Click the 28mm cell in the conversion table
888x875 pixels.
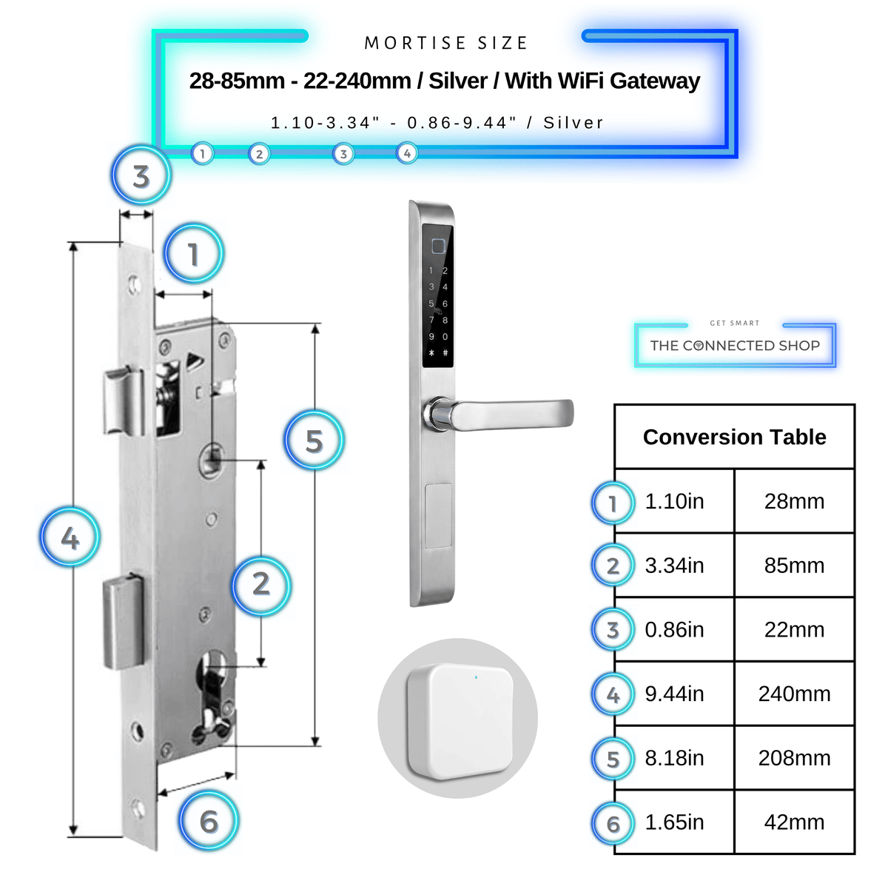pos(794,502)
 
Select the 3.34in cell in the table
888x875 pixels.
pos(675,566)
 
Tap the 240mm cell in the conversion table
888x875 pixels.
pos(794,694)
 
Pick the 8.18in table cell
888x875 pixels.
pos(675,758)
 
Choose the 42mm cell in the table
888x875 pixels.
pos(794,822)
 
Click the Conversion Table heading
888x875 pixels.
pos(735,437)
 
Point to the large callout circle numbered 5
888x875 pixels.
pos(314,440)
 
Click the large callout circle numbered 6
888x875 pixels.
pos(209,821)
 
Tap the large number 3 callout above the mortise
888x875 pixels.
pos(141,175)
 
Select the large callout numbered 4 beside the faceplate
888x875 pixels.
pos(70,537)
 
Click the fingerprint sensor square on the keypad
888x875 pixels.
pos(438,247)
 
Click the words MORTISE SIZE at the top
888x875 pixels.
pos(445,43)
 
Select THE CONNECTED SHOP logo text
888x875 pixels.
pos(735,346)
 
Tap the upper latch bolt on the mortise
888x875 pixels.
pos(123,400)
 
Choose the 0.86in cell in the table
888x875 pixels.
pos(675,630)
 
